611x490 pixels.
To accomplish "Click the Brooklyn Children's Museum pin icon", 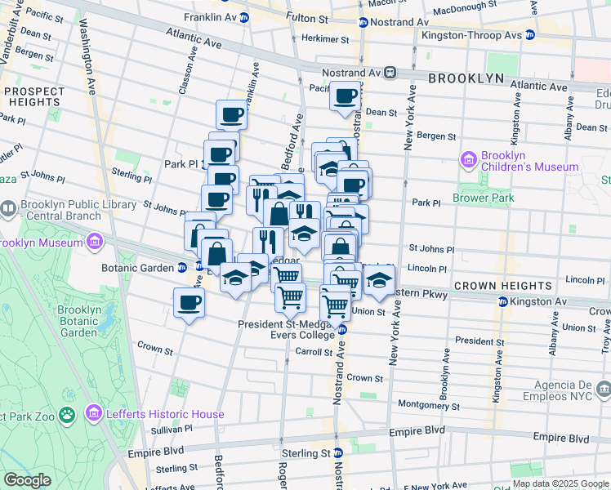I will (x=469, y=158).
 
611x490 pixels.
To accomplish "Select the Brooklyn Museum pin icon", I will (x=95, y=243).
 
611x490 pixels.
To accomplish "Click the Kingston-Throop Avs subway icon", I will (x=530, y=35).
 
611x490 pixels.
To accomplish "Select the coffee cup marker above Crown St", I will (x=189, y=303).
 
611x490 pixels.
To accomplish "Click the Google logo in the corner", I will (x=27, y=480).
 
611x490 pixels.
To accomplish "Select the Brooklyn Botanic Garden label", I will (x=79, y=321).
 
